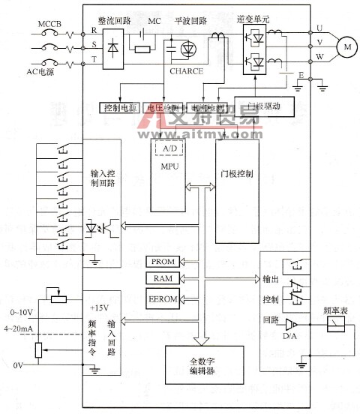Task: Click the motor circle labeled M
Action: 346,47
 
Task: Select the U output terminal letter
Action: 321,28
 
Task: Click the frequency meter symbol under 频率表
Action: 337,324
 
